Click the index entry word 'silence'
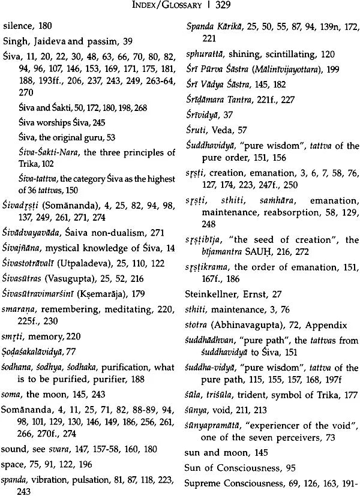pos(16,27)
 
